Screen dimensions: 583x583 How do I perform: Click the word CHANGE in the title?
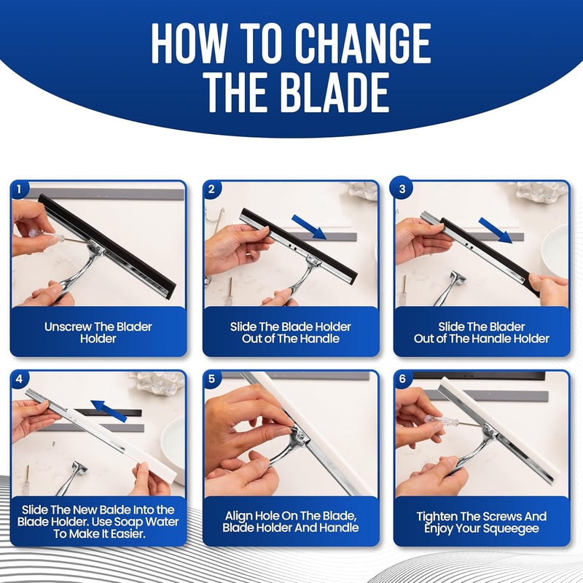click(363, 43)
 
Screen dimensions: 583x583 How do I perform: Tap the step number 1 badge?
click(19, 189)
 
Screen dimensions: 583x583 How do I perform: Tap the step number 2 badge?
click(211, 189)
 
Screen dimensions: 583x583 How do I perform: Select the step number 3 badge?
click(402, 189)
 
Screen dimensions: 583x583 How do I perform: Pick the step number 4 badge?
click(19, 379)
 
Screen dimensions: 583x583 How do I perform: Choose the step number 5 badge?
click(211, 379)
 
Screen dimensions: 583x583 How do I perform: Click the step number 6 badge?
click(402, 379)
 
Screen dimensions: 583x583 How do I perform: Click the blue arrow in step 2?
click(309, 227)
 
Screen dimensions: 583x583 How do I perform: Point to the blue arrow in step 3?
click(496, 230)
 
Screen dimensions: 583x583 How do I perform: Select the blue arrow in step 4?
click(108, 410)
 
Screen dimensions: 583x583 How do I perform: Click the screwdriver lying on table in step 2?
click(229, 290)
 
